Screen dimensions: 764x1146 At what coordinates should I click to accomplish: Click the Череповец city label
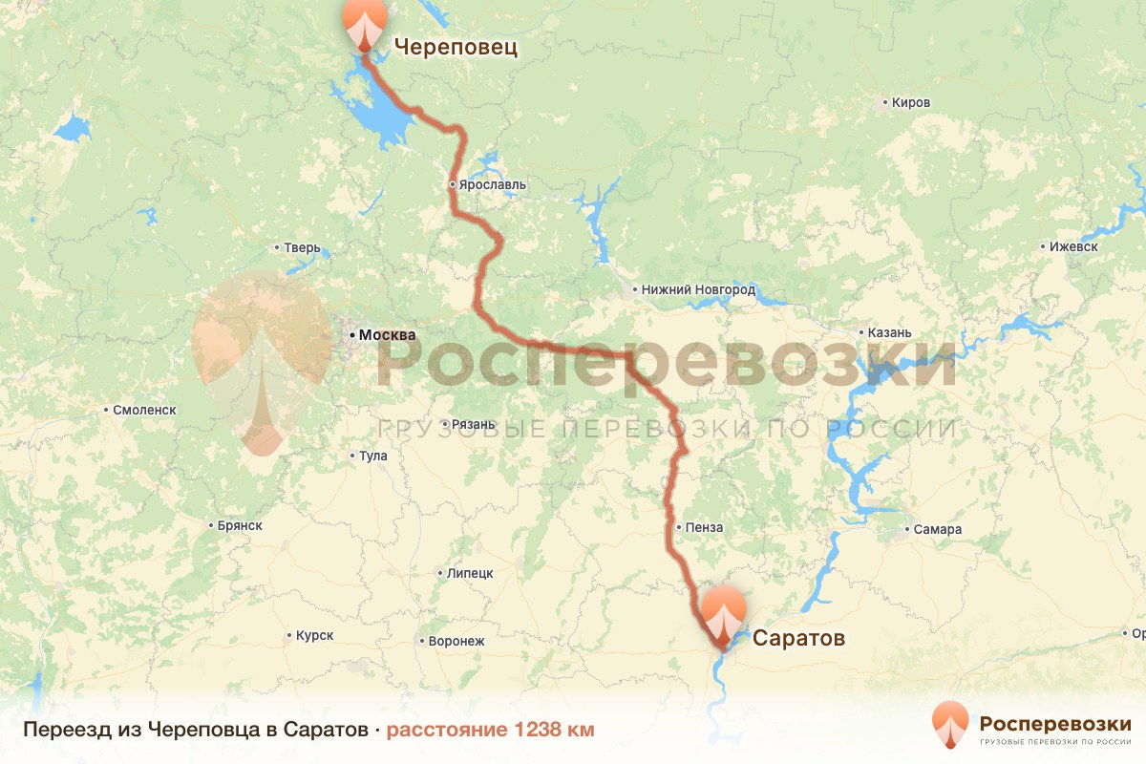pyautogui.click(x=456, y=47)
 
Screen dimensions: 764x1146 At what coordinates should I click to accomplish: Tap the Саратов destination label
pyautogui.click(x=798, y=638)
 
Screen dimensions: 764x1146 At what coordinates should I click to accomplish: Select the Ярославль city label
pyautogui.click(x=492, y=184)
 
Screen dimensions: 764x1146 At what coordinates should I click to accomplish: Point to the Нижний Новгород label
pyautogui.click(x=699, y=289)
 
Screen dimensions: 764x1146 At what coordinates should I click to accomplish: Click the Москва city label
pyautogui.click(x=387, y=335)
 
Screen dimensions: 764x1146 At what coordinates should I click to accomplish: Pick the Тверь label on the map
pyautogui.click(x=302, y=248)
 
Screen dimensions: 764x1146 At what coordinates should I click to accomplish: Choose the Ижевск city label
pyautogui.click(x=1073, y=246)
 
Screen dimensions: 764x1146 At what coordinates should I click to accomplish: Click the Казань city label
pyautogui.click(x=890, y=333)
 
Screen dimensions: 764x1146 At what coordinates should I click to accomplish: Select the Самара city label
pyautogui.click(x=937, y=530)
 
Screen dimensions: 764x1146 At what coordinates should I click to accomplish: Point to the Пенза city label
pyautogui.click(x=704, y=527)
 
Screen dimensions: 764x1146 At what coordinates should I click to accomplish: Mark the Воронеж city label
pyautogui.click(x=457, y=641)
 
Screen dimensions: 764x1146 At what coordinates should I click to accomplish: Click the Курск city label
pyautogui.click(x=314, y=635)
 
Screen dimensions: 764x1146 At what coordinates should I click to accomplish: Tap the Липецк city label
pyautogui.click(x=469, y=574)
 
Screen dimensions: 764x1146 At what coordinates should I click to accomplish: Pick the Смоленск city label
pyautogui.click(x=144, y=410)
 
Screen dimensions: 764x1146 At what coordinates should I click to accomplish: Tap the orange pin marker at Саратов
pyautogui.click(x=724, y=614)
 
